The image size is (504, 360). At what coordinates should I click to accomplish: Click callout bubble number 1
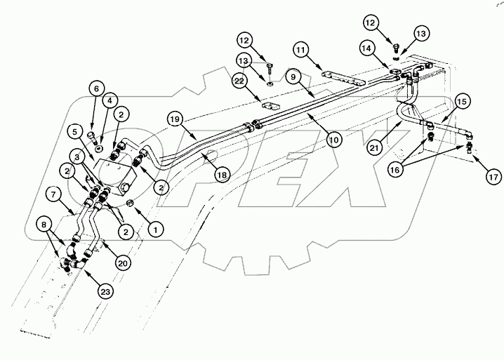(x=155, y=227)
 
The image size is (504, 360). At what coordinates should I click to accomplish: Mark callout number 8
(x=46, y=225)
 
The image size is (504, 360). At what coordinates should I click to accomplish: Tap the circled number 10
(x=334, y=140)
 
